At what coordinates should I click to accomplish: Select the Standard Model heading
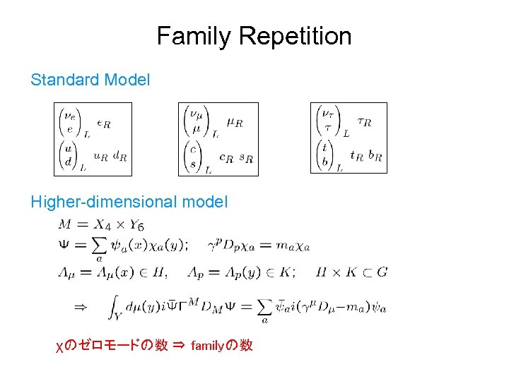coord(90,80)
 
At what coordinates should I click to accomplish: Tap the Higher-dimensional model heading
coord(129,202)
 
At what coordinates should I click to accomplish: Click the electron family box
coord(93,139)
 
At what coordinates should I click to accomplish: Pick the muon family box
coord(218,139)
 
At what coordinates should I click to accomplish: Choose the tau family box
coord(349,138)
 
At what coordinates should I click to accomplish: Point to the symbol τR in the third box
coord(364,123)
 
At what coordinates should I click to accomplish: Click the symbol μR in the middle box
coord(235,123)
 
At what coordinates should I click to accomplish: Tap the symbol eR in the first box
coord(103,124)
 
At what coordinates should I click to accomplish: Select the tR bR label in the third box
coord(366,157)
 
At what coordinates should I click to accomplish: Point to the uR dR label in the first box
coord(110,157)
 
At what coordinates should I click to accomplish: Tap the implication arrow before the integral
coord(80,307)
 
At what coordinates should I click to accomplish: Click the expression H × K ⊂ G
coord(351,272)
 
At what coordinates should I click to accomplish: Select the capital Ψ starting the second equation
coord(65,246)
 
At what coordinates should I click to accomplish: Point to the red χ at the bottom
coord(59,346)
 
